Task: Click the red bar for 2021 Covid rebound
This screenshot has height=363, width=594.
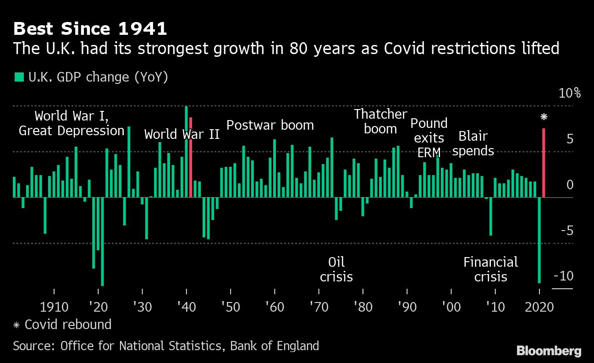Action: tap(544, 163)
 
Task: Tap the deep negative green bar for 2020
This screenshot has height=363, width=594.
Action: tap(539, 240)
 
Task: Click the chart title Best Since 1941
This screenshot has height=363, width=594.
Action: tap(90, 29)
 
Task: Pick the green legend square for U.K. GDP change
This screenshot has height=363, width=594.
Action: tap(19, 77)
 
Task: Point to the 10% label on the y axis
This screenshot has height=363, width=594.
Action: tap(570, 93)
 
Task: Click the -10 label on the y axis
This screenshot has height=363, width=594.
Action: tap(564, 276)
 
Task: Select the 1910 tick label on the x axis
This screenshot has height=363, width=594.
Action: tap(54, 306)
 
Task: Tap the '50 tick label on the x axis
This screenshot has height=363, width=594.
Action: tap(230, 306)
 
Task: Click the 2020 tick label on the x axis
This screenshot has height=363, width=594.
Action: tap(539, 306)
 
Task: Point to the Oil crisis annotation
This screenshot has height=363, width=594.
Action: tap(336, 269)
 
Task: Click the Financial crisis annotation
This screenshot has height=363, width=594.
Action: tap(490, 269)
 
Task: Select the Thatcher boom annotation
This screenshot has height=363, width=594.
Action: tap(380, 121)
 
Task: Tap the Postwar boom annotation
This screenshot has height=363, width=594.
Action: tap(270, 125)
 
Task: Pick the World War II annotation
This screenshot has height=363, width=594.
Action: tap(181, 134)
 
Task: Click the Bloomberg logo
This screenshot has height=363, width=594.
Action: tap(549, 351)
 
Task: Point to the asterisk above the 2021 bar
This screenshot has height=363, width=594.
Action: tap(544, 117)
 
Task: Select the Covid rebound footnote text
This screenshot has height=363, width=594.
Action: tap(68, 324)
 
